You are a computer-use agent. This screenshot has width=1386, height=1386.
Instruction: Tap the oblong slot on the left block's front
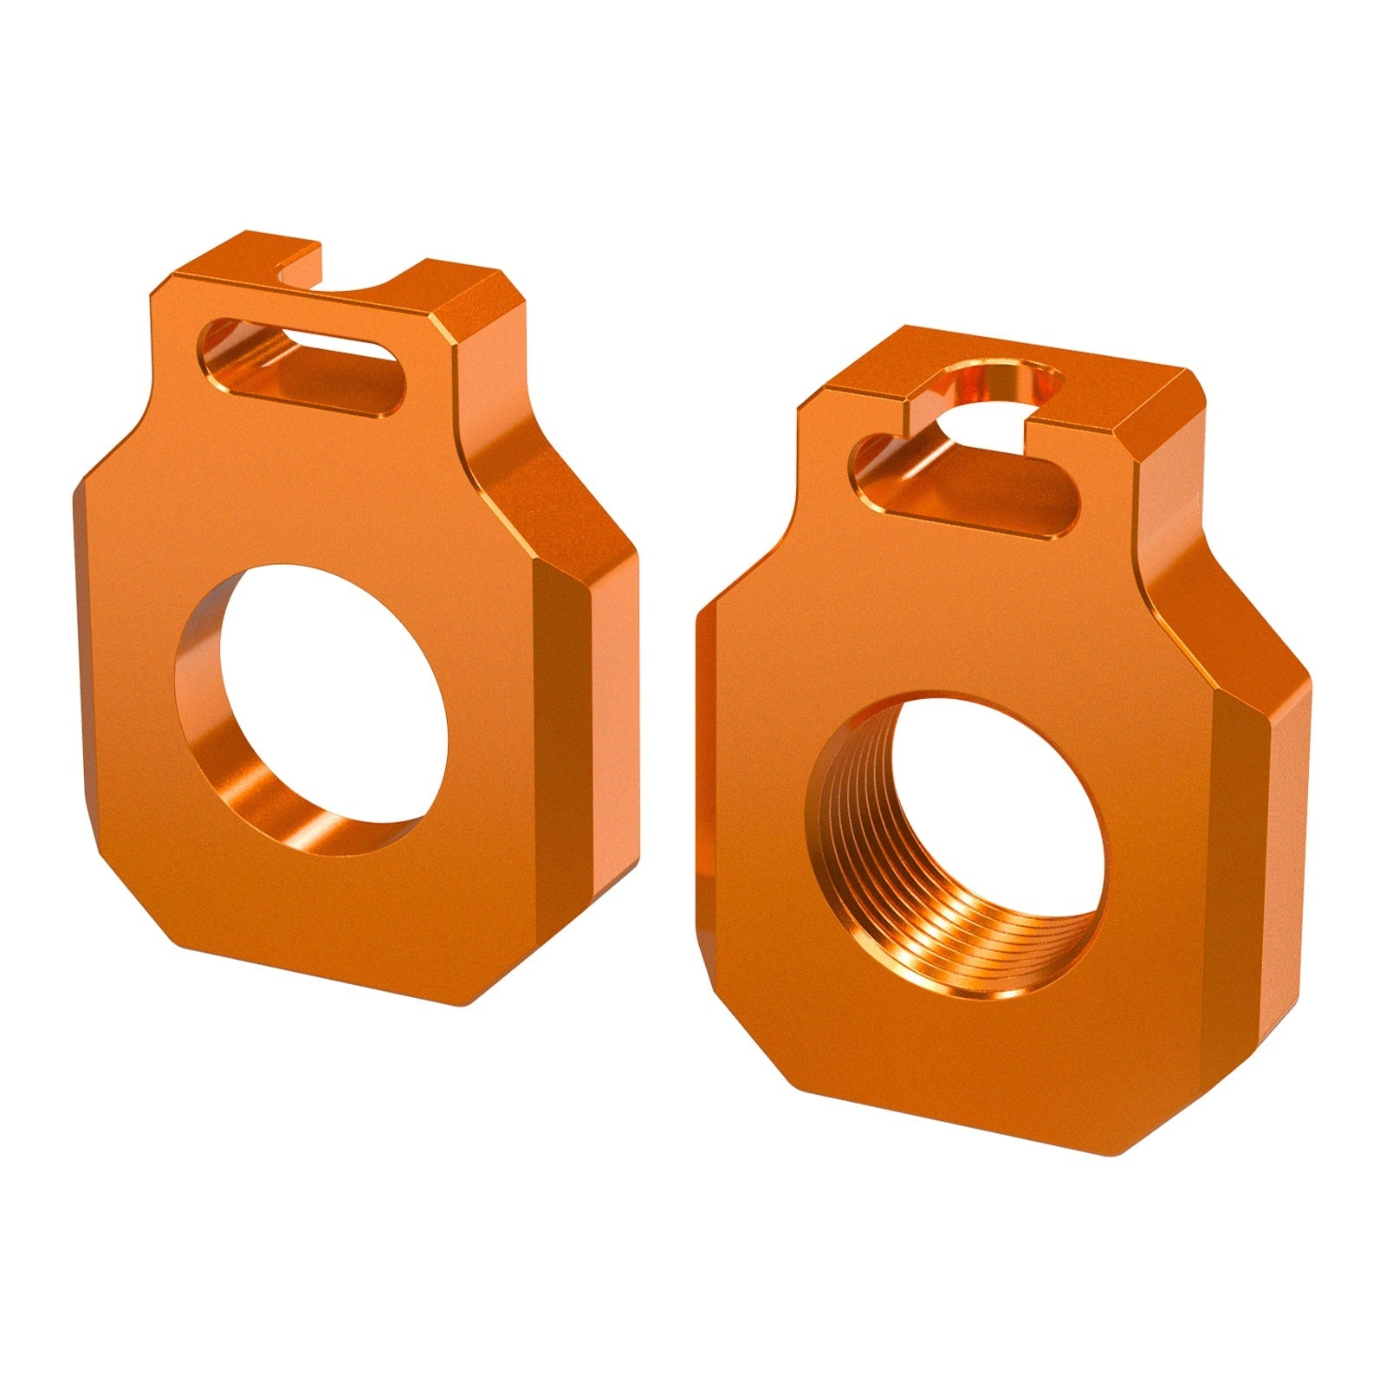(x=303, y=368)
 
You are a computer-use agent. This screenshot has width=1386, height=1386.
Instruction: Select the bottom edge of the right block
(x=953, y=1126)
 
